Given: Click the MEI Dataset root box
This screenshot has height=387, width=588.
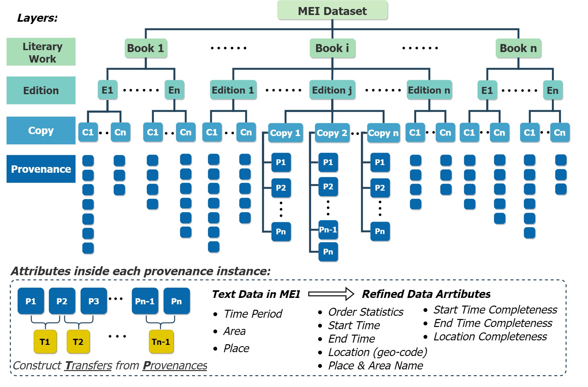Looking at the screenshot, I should tap(332, 11).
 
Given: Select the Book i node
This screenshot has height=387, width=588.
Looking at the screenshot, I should tap(332, 48).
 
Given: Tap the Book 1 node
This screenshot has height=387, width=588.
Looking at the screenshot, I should tap(146, 48).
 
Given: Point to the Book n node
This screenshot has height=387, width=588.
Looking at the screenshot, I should tap(518, 48).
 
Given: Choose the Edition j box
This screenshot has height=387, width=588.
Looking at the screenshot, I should tap(332, 90).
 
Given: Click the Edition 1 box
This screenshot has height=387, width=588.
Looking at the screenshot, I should tap(233, 90).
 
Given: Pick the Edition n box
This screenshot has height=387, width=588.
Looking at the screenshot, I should tap(429, 90).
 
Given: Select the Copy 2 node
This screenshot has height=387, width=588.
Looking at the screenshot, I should tap(332, 133).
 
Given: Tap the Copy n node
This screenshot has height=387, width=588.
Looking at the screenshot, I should tap(383, 133).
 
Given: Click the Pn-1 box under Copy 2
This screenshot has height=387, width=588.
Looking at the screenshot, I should tap(328, 230).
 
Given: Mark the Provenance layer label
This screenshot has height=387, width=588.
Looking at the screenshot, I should tap(41, 169).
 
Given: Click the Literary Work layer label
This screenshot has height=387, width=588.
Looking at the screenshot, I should tap(41, 52).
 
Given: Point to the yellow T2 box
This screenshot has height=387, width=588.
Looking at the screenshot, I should tap(78, 342).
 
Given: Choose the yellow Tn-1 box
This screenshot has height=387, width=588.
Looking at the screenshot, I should tap(161, 342).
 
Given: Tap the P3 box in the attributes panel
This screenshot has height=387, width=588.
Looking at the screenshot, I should tap(94, 301).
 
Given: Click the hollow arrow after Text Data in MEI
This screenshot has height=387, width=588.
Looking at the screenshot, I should tap(331, 294).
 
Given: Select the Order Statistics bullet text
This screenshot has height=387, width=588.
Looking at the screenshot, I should tap(366, 312).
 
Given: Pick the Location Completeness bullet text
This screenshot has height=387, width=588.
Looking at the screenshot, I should tap(490, 337).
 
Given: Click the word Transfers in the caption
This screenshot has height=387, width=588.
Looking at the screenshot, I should tap(88, 365).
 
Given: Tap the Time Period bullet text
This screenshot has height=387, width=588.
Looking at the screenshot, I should tap(253, 314).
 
